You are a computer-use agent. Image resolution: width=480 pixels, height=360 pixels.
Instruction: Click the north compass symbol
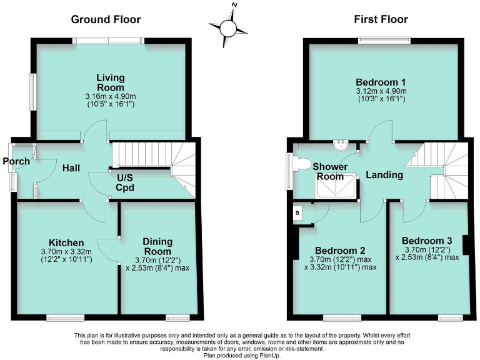(229, 27)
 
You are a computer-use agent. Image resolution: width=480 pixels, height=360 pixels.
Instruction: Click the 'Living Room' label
(110, 82)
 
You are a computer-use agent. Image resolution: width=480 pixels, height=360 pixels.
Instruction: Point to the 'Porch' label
(16, 162)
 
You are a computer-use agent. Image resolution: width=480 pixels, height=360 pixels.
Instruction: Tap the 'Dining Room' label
(157, 246)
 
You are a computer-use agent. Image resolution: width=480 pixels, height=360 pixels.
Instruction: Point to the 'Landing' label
(384, 175)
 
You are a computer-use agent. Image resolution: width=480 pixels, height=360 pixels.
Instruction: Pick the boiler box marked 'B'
(297, 212)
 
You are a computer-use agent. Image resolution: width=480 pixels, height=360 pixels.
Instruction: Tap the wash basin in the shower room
(341, 146)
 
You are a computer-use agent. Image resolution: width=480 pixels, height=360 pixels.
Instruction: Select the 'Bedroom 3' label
(427, 241)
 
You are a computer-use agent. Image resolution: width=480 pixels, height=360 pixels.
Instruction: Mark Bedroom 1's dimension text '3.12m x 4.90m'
(381, 91)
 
